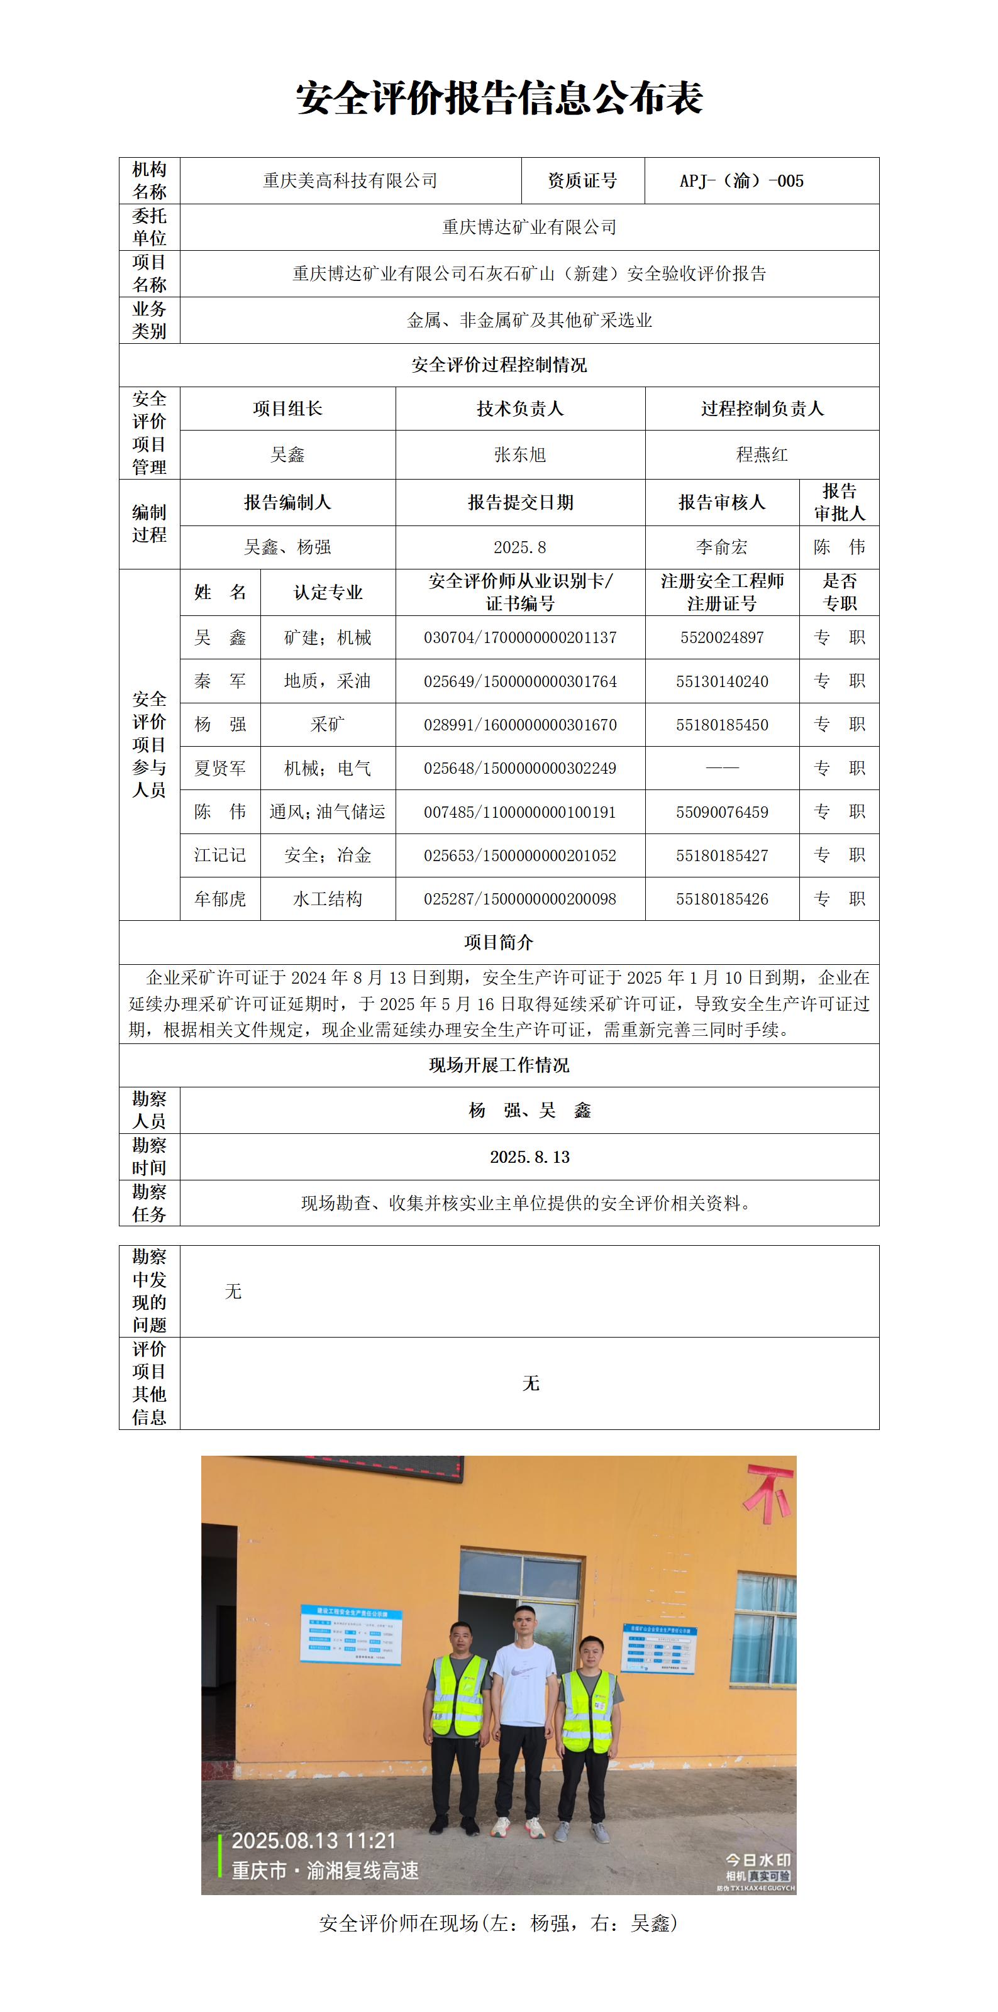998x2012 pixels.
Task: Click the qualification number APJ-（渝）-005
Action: coord(741,181)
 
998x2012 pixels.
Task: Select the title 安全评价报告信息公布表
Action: coord(499,99)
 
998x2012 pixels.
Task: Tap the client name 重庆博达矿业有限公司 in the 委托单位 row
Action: coord(529,228)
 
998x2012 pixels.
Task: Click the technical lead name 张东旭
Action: coord(519,454)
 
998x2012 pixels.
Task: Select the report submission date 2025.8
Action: coord(519,547)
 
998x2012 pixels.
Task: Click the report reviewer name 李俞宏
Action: coord(721,547)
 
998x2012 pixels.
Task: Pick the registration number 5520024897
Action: coord(721,637)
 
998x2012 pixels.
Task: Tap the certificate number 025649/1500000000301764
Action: coord(519,681)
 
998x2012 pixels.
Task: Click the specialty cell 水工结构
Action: coord(328,899)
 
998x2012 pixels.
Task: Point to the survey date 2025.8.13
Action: coord(529,1157)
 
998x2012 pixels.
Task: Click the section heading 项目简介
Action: coord(499,942)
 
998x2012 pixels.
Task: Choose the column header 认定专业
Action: coord(328,592)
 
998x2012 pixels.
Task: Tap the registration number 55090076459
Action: coord(721,812)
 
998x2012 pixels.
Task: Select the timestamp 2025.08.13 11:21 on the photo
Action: coord(313,1841)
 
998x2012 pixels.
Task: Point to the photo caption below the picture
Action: coord(499,1923)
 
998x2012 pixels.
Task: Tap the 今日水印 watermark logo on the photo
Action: coord(757,1860)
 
